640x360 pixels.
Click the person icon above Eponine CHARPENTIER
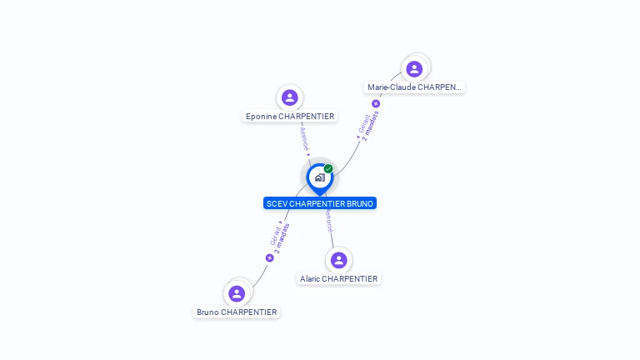pos(290,97)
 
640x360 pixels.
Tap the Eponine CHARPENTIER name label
pos(290,117)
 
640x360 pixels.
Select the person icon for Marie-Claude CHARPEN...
pos(414,68)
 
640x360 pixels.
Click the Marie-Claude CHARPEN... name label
pos(414,87)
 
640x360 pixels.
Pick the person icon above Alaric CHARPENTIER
pos(338,260)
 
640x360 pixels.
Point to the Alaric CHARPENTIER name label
pos(338,279)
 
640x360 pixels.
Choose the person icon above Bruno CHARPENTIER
pos(237,293)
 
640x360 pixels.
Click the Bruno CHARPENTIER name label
pos(237,312)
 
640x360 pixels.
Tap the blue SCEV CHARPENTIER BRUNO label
pos(320,203)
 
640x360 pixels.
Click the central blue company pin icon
pos(319,177)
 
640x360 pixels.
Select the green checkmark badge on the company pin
pos(328,169)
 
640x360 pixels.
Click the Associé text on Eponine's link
pos(304,138)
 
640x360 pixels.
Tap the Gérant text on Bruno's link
pos(274,234)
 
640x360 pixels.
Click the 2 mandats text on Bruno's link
pos(282,238)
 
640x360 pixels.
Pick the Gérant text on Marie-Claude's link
pos(362,123)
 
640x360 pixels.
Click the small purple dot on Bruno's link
pos(269,258)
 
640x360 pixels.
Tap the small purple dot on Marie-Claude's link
pos(376,104)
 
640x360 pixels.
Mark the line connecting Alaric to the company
pos(332,237)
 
